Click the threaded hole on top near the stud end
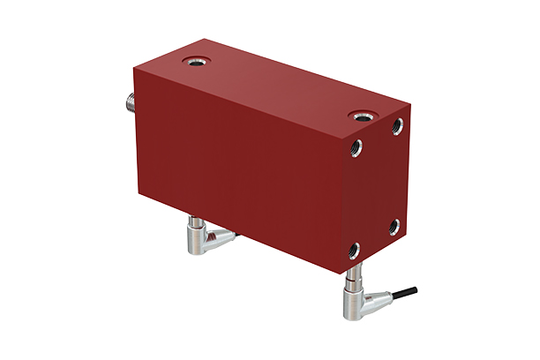[x=193, y=63]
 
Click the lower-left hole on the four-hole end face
[x=355, y=250]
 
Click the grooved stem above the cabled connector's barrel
[x=352, y=280]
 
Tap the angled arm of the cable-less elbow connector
[x=218, y=236]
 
